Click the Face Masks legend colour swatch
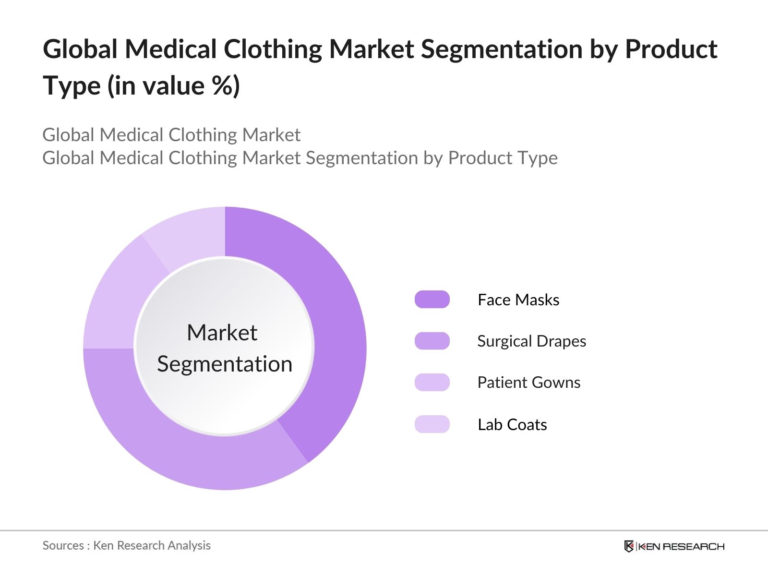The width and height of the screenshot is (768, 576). (432, 300)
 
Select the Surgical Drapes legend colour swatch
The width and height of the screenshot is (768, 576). (432, 341)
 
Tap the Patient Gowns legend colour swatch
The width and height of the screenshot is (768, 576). (432, 383)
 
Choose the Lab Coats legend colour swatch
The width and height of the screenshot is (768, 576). (432, 424)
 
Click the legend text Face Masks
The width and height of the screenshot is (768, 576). (518, 300)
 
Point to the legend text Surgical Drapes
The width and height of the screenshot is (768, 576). (531, 341)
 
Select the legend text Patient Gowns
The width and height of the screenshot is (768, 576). (528, 383)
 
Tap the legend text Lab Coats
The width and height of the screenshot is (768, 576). (512, 425)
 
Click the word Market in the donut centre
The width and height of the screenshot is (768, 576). (222, 333)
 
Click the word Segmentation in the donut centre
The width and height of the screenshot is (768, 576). (225, 364)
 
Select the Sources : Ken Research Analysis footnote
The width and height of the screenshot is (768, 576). (126, 545)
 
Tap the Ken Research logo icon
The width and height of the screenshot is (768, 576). (629, 546)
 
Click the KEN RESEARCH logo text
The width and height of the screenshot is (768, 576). (682, 546)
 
